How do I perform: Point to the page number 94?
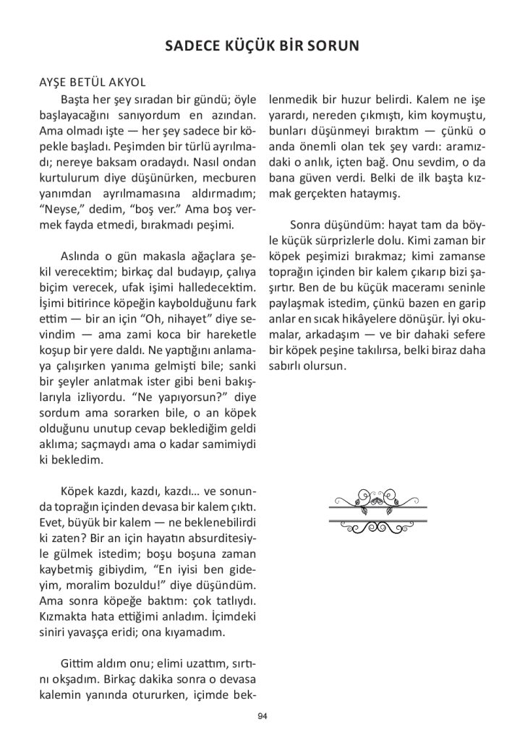(262, 715)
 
